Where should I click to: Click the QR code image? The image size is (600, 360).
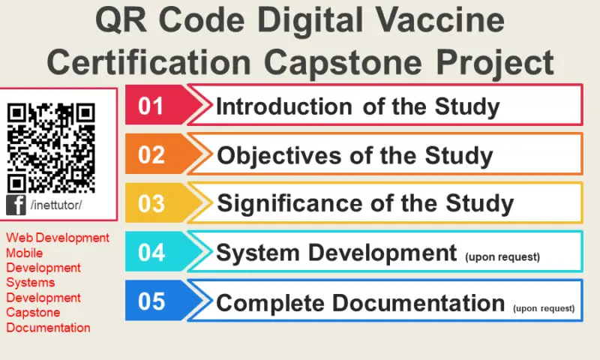click(x=51, y=147)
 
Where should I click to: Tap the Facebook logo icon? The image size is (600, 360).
click(x=16, y=205)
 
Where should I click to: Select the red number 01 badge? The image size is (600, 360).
click(x=152, y=105)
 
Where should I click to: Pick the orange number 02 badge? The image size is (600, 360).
click(x=152, y=154)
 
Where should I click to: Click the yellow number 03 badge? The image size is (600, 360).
click(x=152, y=203)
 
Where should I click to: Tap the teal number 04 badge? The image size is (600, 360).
click(x=152, y=253)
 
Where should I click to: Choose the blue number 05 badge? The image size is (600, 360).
click(x=152, y=301)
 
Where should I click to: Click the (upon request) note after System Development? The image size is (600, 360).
click(x=502, y=256)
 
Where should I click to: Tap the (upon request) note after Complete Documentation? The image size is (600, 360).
click(x=544, y=307)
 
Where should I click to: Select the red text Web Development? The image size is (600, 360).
click(x=58, y=238)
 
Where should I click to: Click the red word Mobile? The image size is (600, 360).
click(x=25, y=253)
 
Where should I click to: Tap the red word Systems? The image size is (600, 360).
click(x=30, y=283)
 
